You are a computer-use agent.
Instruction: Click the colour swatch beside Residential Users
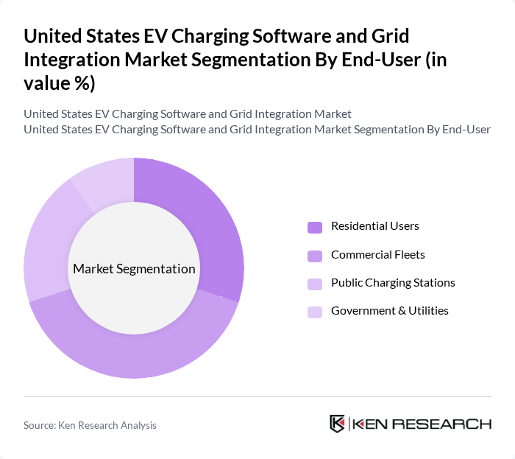tap(314, 227)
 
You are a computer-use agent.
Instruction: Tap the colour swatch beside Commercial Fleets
tap(314, 255)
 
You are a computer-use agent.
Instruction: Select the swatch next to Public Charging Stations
tap(314, 283)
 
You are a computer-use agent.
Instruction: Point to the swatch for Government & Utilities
tap(314, 311)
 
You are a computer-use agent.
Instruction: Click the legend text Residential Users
tap(374, 226)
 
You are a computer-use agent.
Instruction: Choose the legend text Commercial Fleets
tap(377, 254)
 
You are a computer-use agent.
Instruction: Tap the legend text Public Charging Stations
tap(393, 282)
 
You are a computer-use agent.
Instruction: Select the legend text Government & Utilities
tap(389, 310)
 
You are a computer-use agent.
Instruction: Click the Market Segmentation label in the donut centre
tap(134, 269)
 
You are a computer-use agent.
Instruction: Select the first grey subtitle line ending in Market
tap(188, 114)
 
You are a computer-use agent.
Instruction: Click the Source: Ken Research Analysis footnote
tap(90, 425)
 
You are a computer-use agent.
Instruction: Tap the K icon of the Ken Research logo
tap(338, 424)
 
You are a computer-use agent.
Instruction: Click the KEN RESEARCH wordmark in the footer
tap(421, 424)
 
